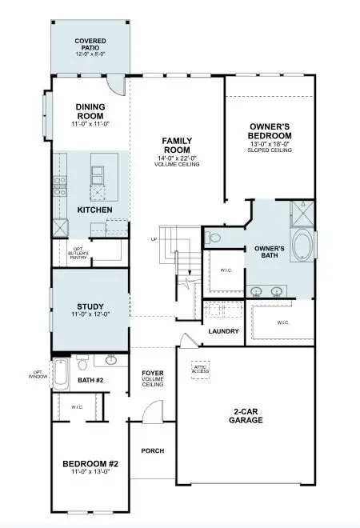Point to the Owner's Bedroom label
point(270,131)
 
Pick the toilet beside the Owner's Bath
point(212,237)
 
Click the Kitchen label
point(94,210)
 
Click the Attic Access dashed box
point(200,370)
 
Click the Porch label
point(152,450)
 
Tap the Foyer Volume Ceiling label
point(153,378)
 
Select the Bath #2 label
point(91,381)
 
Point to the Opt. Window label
point(39,373)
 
